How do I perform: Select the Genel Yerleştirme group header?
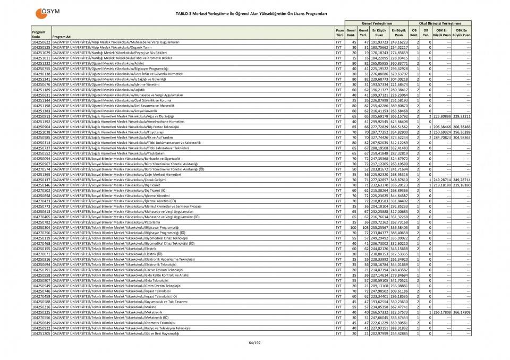click(x=377, y=23)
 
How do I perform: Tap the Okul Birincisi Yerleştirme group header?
click(x=440, y=23)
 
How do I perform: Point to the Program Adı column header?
click(x=62, y=37)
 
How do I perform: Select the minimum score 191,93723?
click(x=379, y=41)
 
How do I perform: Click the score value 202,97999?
click(x=379, y=333)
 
